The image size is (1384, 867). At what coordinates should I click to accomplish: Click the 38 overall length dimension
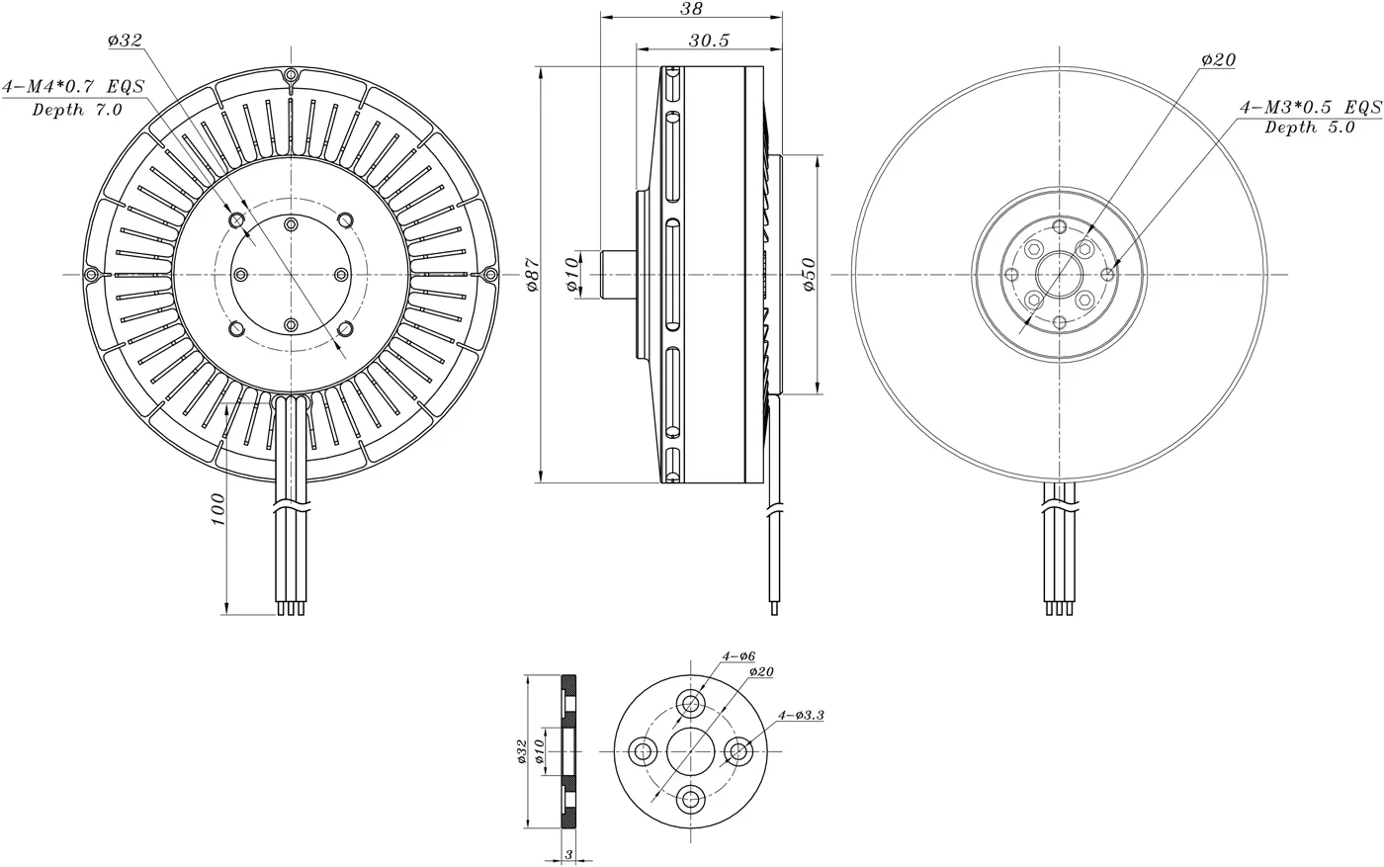tap(691, 9)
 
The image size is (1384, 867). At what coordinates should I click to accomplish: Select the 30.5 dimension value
tap(709, 41)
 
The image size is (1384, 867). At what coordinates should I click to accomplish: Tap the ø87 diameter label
tap(533, 275)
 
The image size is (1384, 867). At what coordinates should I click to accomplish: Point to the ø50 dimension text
tap(809, 275)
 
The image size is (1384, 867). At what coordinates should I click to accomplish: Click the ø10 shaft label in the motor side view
tap(571, 275)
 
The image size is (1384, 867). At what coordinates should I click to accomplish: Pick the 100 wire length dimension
tap(217, 509)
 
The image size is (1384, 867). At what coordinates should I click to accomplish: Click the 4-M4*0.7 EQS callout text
tap(73, 87)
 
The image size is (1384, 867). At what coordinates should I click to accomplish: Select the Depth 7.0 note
tap(77, 110)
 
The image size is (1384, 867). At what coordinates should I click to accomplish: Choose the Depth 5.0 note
tap(1310, 128)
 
